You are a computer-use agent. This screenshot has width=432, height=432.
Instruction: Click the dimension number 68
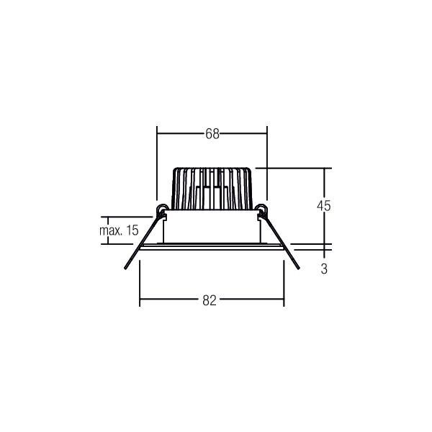tap(212, 134)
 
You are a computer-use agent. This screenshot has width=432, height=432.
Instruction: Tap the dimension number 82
tap(210, 301)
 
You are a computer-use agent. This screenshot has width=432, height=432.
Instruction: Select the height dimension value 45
tap(323, 206)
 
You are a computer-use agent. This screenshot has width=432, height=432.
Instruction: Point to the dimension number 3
tap(324, 269)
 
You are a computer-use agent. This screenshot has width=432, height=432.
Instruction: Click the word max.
tap(109, 231)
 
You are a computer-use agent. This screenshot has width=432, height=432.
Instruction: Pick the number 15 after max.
tap(131, 231)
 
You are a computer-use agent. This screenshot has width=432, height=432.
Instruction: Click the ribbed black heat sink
tap(212, 189)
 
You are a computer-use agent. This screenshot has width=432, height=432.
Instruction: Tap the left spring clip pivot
tap(161, 210)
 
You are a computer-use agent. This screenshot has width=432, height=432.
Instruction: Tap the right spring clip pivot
tap(262, 210)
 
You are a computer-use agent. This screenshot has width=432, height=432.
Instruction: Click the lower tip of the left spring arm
tap(122, 272)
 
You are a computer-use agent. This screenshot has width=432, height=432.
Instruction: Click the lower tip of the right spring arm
tap(301, 271)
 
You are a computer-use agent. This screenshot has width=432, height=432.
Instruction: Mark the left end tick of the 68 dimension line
tap(157, 134)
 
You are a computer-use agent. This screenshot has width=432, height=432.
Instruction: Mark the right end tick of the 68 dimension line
tap(266, 134)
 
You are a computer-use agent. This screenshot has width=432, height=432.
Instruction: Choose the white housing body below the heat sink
tap(212, 229)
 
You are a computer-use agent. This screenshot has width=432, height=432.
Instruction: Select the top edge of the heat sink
tap(212, 169)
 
